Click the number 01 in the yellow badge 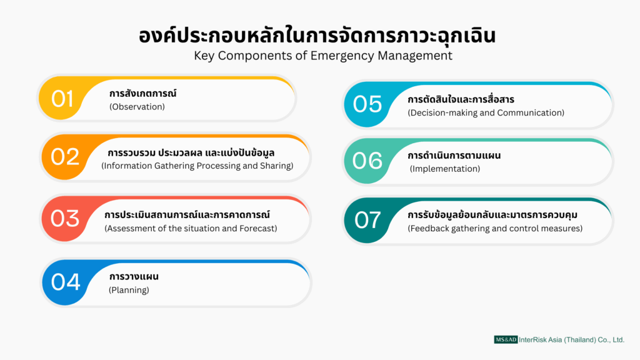tap(62, 99)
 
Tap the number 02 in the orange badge tap(65, 157)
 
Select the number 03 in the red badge tap(65, 218)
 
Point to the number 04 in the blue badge tap(66, 282)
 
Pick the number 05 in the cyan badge tap(367, 104)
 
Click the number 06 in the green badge tap(367, 161)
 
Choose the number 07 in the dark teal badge tap(367, 220)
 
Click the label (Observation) tap(137, 107)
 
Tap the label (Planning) tap(129, 290)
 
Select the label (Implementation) tap(445, 169)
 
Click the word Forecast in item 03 tap(259, 229)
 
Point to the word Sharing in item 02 tap(277, 166)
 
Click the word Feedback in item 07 tap(427, 229)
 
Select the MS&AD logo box tap(506, 339)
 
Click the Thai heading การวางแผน tap(134, 276)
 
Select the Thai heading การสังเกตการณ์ tap(143, 93)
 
